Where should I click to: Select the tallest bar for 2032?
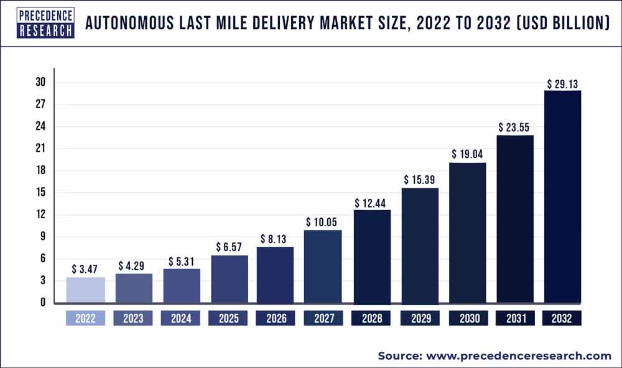click(x=562, y=197)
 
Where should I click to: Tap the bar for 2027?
click(x=323, y=267)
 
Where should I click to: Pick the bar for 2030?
click(x=467, y=233)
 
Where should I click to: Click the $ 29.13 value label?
click(x=562, y=83)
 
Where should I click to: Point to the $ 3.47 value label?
click(x=86, y=269)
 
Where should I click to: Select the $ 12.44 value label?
click(x=372, y=203)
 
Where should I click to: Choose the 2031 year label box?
click(x=515, y=319)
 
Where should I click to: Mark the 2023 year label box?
click(x=133, y=319)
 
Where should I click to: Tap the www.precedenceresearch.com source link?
click(x=519, y=356)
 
